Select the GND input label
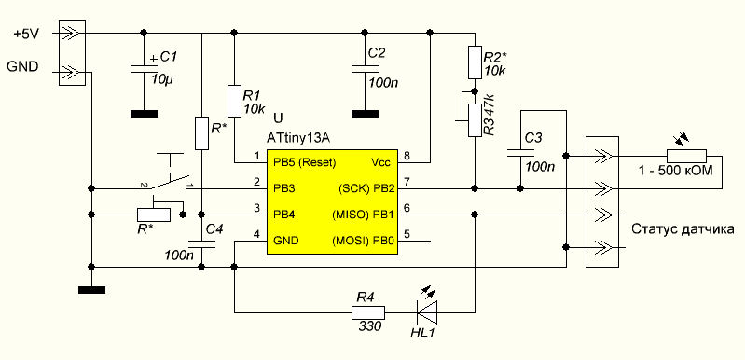click(x=22, y=67)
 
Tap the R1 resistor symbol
click(x=234, y=101)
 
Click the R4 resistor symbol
click(x=368, y=312)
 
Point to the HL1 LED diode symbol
click(x=427, y=312)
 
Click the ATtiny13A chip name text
click(x=298, y=139)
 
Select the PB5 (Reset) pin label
click(x=305, y=162)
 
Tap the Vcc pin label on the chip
click(x=380, y=162)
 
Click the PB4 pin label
click(x=284, y=215)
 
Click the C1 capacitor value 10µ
click(x=161, y=79)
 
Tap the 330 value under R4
click(x=367, y=326)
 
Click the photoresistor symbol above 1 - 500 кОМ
click(x=686, y=156)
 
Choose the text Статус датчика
click(x=683, y=229)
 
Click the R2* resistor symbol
click(x=476, y=62)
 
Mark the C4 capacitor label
click(x=214, y=230)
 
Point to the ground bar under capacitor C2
click(x=365, y=114)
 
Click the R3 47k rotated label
click(x=490, y=115)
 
